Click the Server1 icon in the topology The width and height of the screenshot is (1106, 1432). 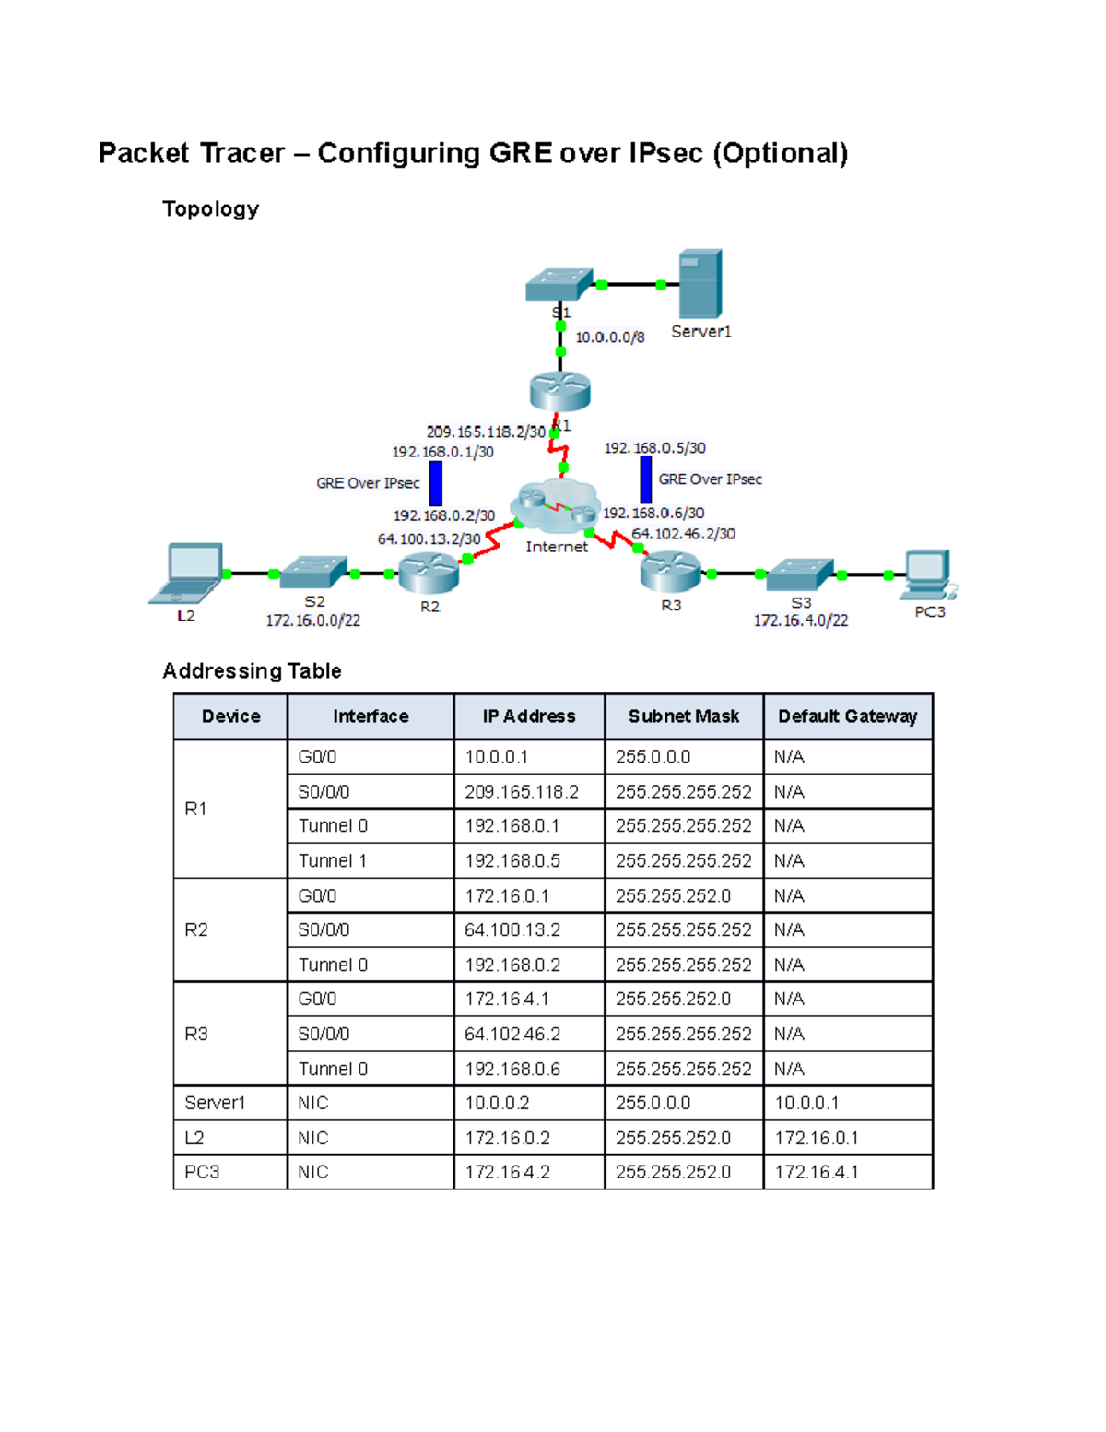(700, 283)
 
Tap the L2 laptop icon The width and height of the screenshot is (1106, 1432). (189, 573)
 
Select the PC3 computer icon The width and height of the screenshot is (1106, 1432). (929, 574)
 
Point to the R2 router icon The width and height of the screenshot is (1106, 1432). (429, 574)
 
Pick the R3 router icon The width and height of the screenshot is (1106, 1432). (671, 572)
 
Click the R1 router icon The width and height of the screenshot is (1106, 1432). (559, 391)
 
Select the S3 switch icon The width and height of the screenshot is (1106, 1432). (800, 574)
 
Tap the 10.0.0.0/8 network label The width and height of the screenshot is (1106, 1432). (609, 337)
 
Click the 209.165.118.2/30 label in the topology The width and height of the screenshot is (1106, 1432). (486, 432)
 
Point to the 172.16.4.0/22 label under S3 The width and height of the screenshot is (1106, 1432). (800, 621)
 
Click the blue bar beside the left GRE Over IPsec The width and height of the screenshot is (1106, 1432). (436, 483)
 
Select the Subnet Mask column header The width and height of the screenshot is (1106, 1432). (684, 716)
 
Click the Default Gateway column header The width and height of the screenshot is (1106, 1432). (847, 716)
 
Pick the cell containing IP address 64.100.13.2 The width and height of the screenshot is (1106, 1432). (528, 929)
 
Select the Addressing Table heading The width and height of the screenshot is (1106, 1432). (252, 670)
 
